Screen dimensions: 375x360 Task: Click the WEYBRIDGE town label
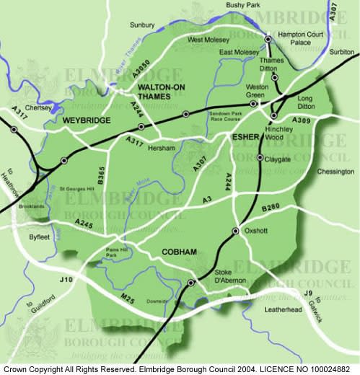[85, 120]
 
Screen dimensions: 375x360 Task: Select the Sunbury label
[142, 25]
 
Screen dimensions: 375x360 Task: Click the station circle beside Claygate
[260, 158]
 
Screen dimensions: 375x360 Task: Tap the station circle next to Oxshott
[234, 231]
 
